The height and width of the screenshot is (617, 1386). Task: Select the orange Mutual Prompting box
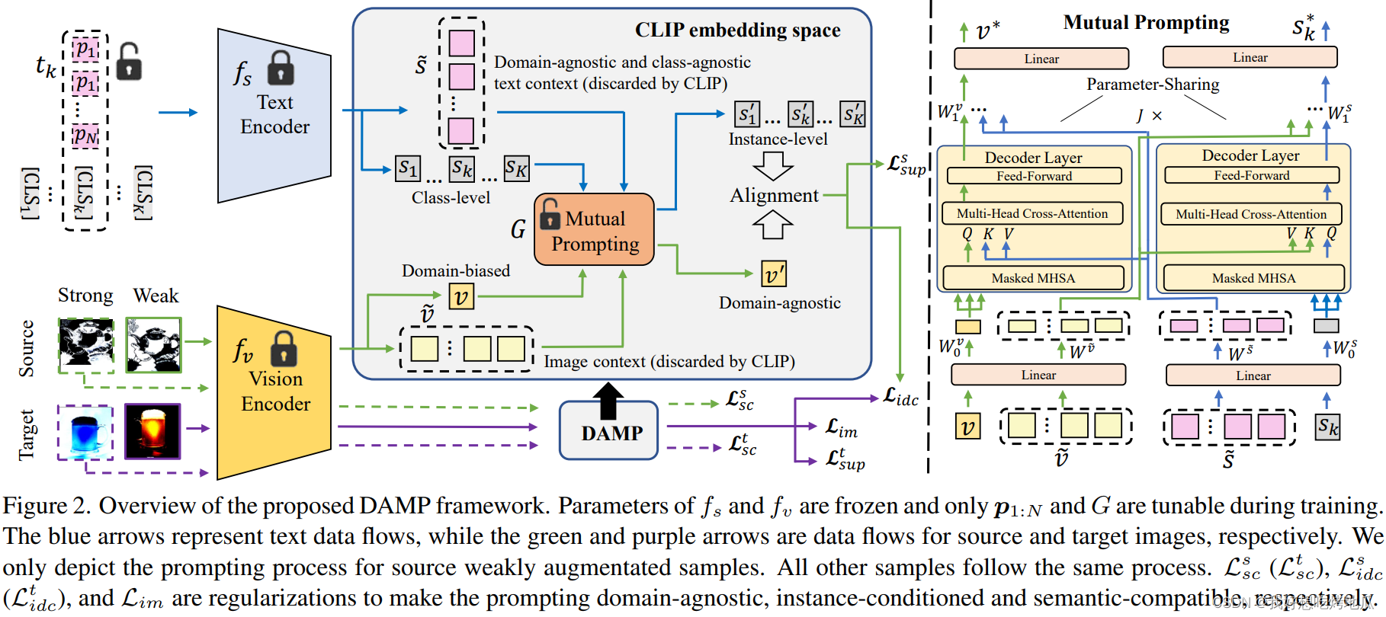pyautogui.click(x=595, y=230)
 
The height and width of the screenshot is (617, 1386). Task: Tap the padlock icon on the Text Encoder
pyautogui.click(x=281, y=68)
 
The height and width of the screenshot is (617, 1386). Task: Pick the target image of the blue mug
pyautogui.click(x=85, y=432)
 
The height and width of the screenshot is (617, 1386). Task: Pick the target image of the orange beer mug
pyautogui.click(x=152, y=432)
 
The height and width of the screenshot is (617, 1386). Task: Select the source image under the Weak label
pyautogui.click(x=154, y=344)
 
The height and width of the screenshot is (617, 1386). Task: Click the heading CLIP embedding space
pyautogui.click(x=737, y=30)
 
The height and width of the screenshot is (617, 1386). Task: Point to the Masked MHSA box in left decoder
pyautogui.click(x=1033, y=278)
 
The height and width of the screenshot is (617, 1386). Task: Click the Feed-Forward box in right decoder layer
pyautogui.click(x=1252, y=175)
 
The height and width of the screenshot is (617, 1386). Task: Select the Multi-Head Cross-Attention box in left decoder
pyautogui.click(x=1032, y=213)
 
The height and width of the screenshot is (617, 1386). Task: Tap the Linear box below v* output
pyautogui.click(x=1041, y=59)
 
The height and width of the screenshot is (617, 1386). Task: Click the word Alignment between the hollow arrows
pyautogui.click(x=774, y=196)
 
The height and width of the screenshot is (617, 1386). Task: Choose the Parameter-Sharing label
pyautogui.click(x=1152, y=85)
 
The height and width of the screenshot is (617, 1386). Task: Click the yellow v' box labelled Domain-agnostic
pyautogui.click(x=774, y=274)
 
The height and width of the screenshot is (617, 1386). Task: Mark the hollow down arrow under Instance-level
pyautogui.click(x=773, y=165)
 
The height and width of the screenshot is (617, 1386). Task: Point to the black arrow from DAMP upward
pyautogui.click(x=608, y=401)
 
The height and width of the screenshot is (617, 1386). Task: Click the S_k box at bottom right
pyautogui.click(x=1327, y=427)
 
